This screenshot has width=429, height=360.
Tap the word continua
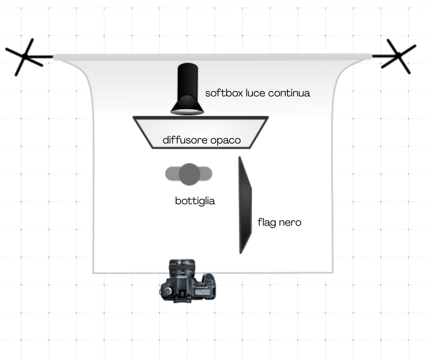point(289,93)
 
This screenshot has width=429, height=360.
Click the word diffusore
point(185,140)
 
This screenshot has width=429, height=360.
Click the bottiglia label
point(195,201)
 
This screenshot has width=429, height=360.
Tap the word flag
point(267,222)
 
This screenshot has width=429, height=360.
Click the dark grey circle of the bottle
point(189,174)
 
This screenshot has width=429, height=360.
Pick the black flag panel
point(245,205)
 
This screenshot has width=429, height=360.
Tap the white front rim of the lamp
point(187,112)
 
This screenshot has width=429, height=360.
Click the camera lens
point(182,268)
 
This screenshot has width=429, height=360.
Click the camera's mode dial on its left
point(167,291)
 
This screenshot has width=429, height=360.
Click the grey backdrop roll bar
point(212,57)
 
